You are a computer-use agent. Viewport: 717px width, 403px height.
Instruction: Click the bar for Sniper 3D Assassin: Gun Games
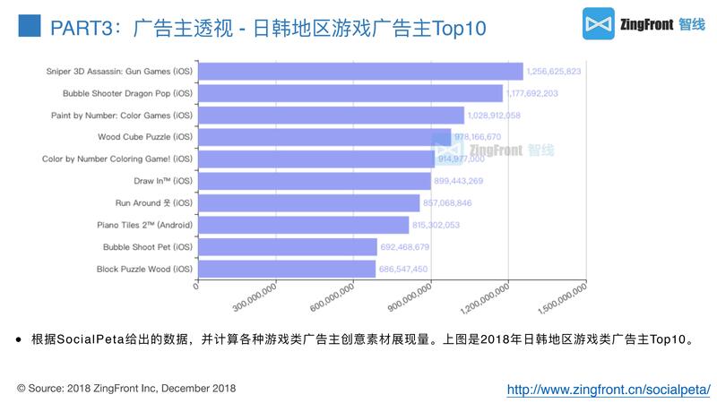pyautogui.click(x=358, y=72)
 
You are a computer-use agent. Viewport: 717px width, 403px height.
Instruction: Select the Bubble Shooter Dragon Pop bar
pyautogui.click(x=350, y=93)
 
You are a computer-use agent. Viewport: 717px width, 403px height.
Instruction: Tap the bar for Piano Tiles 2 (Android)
pyautogui.click(x=302, y=225)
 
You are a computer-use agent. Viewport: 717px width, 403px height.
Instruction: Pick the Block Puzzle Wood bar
pyautogui.click(x=286, y=269)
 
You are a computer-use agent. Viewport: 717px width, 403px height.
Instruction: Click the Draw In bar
pyautogui.click(x=314, y=181)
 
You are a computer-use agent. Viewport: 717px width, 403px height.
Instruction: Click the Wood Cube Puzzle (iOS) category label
pyautogui.click(x=144, y=137)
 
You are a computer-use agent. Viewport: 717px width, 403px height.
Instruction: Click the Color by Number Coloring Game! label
pyautogui.click(x=117, y=159)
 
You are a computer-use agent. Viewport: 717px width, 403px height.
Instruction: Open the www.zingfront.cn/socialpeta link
pyautogui.click(x=609, y=390)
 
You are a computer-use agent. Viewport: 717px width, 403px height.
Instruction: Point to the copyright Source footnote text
pyautogui.click(x=126, y=389)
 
